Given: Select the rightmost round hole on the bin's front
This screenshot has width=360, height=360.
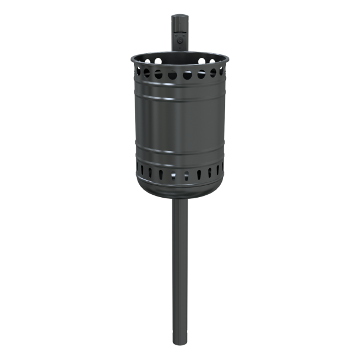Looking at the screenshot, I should coord(221,71).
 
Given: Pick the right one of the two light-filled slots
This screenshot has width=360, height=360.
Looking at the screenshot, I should coord(186,175).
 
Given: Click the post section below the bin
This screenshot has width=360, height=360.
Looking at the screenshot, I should coord(178,266).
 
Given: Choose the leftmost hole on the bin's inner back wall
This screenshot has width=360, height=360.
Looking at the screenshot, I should coord(143,60).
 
